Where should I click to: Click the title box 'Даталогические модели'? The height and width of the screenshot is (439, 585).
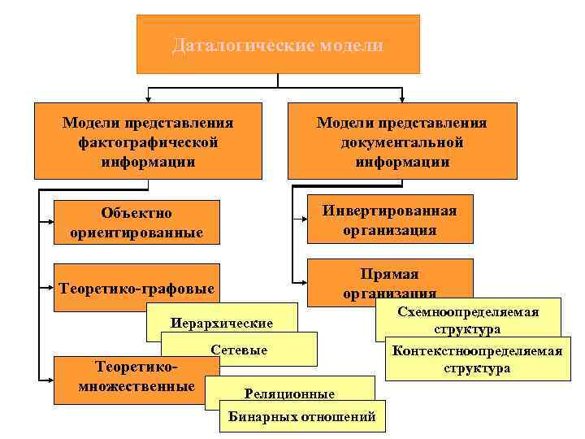click(278, 45)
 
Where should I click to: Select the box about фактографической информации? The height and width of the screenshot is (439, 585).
click(148, 141)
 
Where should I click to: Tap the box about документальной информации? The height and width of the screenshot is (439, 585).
click(401, 141)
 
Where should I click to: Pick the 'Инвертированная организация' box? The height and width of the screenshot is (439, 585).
click(389, 219)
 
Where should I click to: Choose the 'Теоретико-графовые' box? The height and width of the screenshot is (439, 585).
click(136, 288)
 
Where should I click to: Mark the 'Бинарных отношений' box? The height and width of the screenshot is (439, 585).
click(301, 417)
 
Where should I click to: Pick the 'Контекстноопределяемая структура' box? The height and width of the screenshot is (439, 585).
click(477, 358)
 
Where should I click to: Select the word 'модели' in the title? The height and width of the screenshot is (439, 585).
click(356, 46)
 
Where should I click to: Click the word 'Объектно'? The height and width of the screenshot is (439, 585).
click(136, 213)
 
